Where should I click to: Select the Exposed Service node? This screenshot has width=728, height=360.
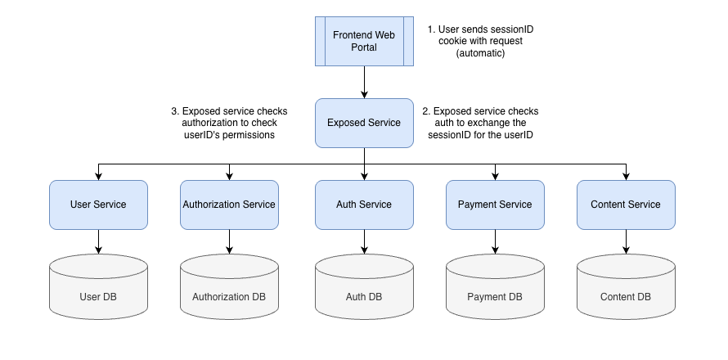pyautogui.click(x=364, y=123)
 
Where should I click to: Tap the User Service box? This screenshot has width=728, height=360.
pyautogui.click(x=98, y=205)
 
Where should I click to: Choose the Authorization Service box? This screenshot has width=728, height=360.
pyautogui.click(x=229, y=205)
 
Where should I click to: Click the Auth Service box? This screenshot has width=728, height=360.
pyautogui.click(x=364, y=205)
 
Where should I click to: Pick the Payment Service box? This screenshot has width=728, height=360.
pyautogui.click(x=495, y=205)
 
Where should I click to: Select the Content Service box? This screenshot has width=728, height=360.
pyautogui.click(x=626, y=205)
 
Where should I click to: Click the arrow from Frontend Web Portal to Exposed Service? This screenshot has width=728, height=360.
pyautogui.click(x=364, y=82)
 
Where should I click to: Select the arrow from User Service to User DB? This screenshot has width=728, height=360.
pyautogui.click(x=98, y=241)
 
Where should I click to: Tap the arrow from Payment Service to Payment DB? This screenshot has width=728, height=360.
pyautogui.click(x=495, y=241)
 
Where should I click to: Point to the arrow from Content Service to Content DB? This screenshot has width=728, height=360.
pyautogui.click(x=626, y=241)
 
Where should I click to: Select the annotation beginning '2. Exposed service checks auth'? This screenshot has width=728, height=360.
pyautogui.click(x=480, y=123)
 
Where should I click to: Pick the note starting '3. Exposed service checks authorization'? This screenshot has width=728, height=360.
pyautogui.click(x=230, y=123)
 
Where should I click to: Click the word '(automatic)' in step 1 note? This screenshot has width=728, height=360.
pyautogui.click(x=480, y=53)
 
